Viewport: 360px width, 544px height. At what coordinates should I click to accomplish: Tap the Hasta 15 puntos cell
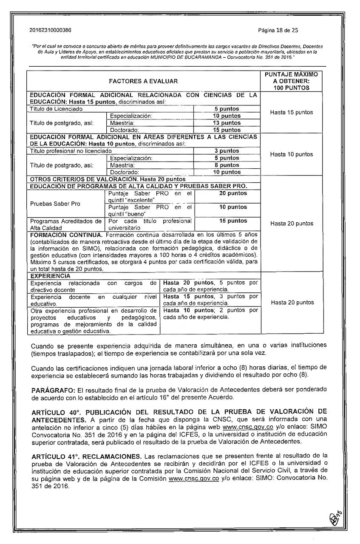click(292, 112)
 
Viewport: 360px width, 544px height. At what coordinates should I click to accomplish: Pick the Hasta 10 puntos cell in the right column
click(292, 154)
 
